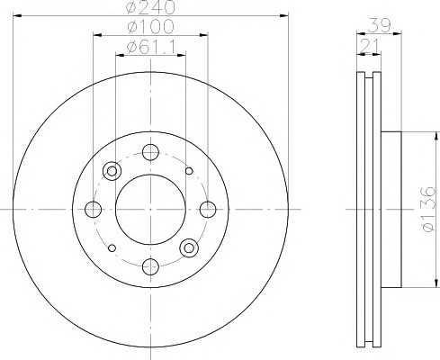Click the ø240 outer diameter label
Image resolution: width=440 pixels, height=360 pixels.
[x=150, y=7]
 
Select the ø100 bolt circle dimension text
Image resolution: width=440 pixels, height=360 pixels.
[x=150, y=26]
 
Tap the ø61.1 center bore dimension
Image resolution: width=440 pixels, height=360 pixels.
[x=151, y=47]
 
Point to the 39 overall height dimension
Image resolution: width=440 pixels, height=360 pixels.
[x=379, y=25]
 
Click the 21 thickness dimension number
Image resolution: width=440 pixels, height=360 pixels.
[x=369, y=46]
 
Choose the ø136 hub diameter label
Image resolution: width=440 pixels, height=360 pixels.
[x=428, y=209]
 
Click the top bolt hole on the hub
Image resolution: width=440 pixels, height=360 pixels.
[x=150, y=152]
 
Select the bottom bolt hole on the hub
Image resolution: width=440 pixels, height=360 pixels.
[x=150, y=266]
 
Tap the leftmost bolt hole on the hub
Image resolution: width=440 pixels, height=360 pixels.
[x=93, y=210]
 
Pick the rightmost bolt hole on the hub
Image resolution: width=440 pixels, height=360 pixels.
[x=208, y=210]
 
